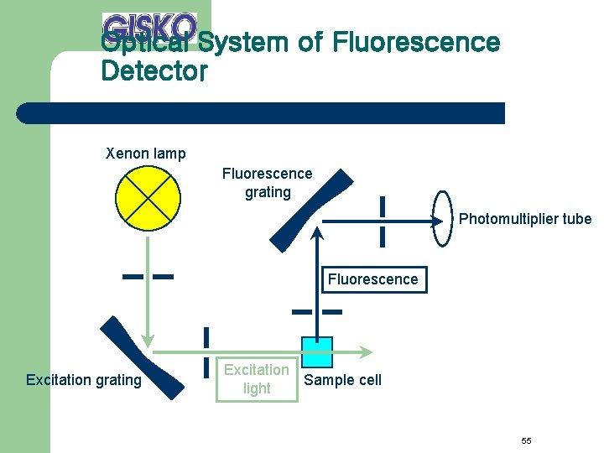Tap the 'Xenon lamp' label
tap(146, 154)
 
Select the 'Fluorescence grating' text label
tap(267, 183)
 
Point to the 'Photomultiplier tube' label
tap(525, 219)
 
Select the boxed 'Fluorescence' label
tap(372, 279)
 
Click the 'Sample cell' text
tap(342, 380)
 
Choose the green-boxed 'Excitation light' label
tap(257, 379)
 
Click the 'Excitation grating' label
tap(84, 380)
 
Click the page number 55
tap(526, 441)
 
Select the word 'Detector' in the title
tap(154, 71)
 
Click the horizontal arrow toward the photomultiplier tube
tap(377, 221)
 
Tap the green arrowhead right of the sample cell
tap(366, 351)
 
